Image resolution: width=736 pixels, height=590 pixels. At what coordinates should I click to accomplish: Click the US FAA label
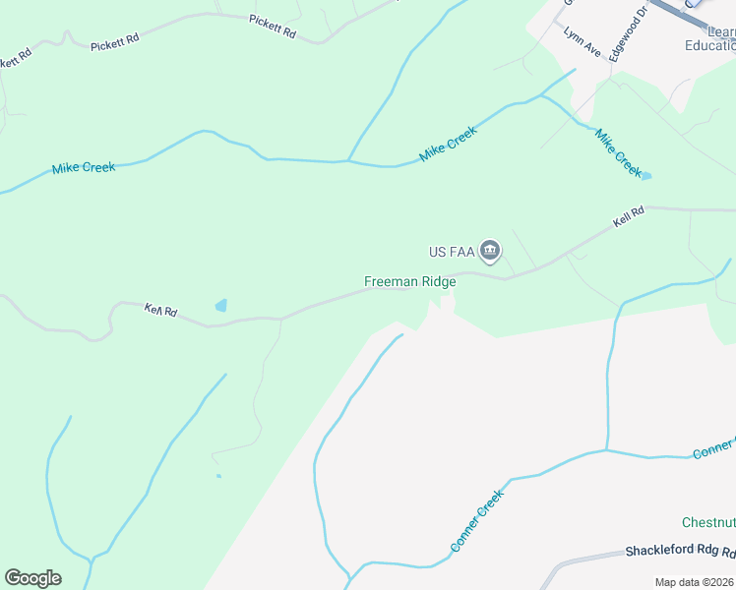pyautogui.click(x=452, y=253)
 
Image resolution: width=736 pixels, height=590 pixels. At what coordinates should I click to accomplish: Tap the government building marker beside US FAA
pyautogui.click(x=491, y=253)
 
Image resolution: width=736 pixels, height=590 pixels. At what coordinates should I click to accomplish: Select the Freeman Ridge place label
pyautogui.click(x=409, y=281)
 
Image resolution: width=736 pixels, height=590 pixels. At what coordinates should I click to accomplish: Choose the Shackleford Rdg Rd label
pyautogui.click(x=680, y=552)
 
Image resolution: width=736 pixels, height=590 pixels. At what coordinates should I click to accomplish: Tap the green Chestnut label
pyautogui.click(x=708, y=521)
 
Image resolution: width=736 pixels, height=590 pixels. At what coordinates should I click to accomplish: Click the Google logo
pyautogui.click(x=32, y=578)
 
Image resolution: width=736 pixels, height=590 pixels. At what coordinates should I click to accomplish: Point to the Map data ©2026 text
pyautogui.click(x=694, y=582)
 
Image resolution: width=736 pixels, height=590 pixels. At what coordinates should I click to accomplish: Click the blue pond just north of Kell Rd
pyautogui.click(x=221, y=306)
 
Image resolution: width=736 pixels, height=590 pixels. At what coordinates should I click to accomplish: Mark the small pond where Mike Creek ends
pyautogui.click(x=645, y=177)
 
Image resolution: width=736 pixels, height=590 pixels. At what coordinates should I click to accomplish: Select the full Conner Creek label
pyautogui.click(x=477, y=520)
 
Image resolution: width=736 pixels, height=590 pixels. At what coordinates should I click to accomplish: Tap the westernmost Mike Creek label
pyautogui.click(x=84, y=168)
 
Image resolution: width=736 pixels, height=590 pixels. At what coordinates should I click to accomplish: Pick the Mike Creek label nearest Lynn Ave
pyautogui.click(x=618, y=151)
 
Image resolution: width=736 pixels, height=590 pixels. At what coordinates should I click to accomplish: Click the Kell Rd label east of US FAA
pyautogui.click(x=628, y=216)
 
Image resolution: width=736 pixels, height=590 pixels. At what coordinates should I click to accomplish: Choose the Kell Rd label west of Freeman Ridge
pyautogui.click(x=160, y=311)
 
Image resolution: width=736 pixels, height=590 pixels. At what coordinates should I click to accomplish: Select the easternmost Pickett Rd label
pyautogui.click(x=273, y=26)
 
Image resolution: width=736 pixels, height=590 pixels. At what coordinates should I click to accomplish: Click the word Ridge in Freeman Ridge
pyautogui.click(x=439, y=281)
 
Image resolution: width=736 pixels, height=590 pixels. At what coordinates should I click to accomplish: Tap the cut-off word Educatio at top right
pyautogui.click(x=709, y=45)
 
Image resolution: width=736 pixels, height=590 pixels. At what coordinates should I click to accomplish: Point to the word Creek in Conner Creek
pyautogui.click(x=489, y=506)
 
